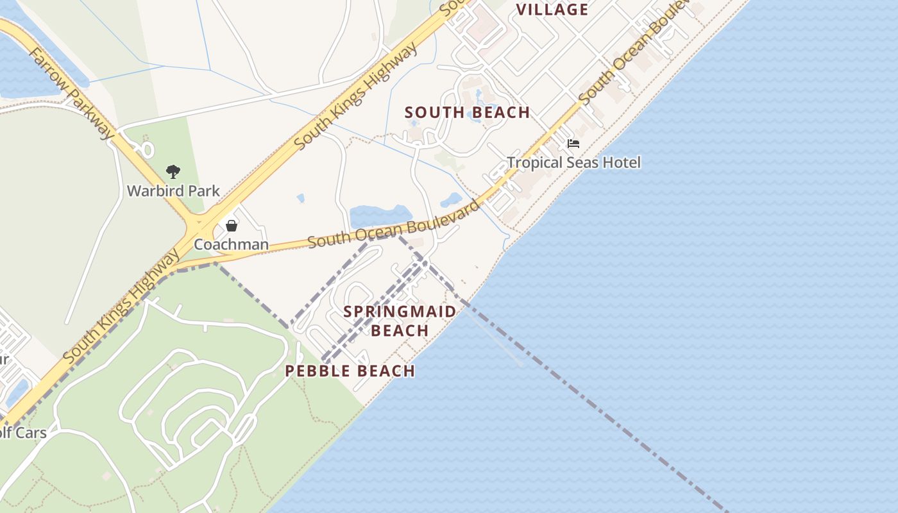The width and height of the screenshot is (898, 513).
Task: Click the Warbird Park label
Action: [173, 190]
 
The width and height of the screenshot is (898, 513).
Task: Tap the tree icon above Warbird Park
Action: [173, 171]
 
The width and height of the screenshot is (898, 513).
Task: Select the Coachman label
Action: [231, 244]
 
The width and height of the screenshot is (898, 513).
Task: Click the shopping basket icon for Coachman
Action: [232, 226]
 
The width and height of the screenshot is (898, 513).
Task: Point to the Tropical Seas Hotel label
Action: [573, 162]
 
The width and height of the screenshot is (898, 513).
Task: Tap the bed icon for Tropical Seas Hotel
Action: [573, 144]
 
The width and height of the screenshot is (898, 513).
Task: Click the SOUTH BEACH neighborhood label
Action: [467, 112]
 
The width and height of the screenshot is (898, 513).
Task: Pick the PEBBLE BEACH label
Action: [350, 371]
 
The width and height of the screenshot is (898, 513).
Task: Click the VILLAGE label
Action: [552, 10]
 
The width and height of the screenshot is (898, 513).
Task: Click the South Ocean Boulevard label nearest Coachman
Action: [393, 224]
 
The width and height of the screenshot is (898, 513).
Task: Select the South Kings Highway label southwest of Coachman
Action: [122, 305]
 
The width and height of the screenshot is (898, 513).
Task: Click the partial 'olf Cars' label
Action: [22, 432]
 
